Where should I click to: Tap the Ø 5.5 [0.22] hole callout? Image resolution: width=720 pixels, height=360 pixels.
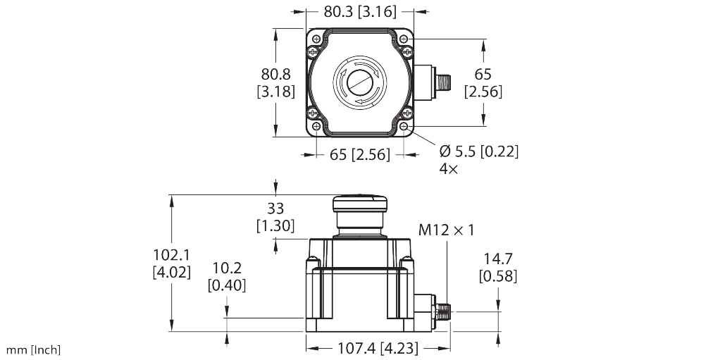(479, 151)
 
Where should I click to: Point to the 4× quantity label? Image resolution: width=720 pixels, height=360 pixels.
(448, 170)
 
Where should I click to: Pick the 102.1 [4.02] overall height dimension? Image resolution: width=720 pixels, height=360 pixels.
(172, 263)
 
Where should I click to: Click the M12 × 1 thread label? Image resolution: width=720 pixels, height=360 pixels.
(447, 230)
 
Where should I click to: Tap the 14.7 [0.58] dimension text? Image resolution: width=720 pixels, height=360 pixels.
(497, 268)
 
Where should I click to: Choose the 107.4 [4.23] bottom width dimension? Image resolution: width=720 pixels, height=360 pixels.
(378, 348)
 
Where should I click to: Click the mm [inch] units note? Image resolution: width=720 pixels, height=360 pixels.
(34, 350)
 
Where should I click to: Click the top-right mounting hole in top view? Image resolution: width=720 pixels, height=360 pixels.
(404, 39)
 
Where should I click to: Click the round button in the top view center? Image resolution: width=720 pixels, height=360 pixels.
(360, 82)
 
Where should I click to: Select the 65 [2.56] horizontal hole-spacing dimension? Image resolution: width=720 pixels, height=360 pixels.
(360, 154)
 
